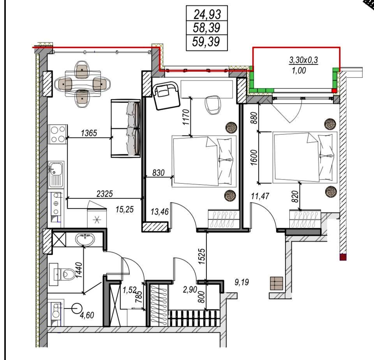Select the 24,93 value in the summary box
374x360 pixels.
point(207,14)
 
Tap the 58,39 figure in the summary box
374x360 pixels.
point(206,28)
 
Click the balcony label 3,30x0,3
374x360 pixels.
point(303,60)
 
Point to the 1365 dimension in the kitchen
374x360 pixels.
point(89,133)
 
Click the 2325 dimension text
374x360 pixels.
point(104,194)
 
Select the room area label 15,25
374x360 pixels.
point(125,209)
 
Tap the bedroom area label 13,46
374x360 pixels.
point(160,211)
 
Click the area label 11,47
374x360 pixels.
point(260,196)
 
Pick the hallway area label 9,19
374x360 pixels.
point(242,282)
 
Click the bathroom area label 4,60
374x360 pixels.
point(87,315)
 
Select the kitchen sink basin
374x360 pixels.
point(56,174)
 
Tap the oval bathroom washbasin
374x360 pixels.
point(85,239)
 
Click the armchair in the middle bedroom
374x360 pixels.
point(166,95)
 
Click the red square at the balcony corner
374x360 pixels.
point(334,91)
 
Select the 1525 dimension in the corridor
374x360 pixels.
point(201,256)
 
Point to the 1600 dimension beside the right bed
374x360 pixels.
point(254,158)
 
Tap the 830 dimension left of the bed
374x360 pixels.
point(159,172)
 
